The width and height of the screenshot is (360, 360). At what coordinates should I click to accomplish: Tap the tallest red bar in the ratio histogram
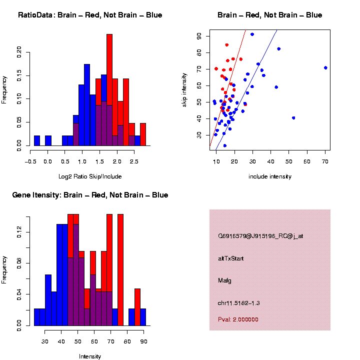pos(109,90)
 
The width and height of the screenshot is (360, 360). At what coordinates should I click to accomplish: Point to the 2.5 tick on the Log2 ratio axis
pos(132,161)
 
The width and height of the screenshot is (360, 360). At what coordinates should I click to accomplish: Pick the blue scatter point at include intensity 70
pos(325,67)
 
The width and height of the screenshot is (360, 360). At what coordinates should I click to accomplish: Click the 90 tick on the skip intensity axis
pos(199,36)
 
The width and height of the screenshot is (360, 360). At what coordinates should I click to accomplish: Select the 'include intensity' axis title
pos(269,176)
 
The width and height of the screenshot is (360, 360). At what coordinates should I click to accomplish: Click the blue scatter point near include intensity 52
pos(293,118)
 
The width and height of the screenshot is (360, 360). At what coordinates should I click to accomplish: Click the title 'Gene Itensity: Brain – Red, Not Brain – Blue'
pos(90,195)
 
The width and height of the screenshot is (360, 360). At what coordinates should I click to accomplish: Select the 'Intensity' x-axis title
pos(90,356)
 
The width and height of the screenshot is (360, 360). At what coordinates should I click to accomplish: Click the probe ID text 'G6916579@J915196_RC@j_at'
pos(260,236)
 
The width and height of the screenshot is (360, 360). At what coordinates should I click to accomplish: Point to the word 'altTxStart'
pos(230,258)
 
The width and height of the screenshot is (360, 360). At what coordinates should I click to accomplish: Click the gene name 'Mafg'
pos(224,280)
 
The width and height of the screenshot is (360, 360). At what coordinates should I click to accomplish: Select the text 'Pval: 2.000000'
pos(238,319)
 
